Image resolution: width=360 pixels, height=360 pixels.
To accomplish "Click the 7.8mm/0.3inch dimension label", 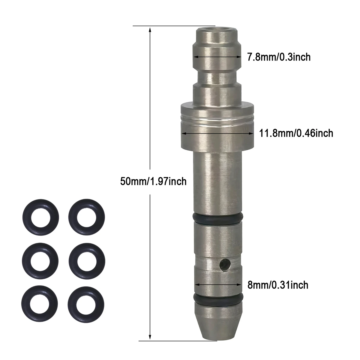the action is pos(279,57).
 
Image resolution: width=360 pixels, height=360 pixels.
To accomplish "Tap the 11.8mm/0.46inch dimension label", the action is pos(296,133).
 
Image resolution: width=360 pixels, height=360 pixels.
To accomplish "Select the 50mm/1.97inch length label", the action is pos(153,181).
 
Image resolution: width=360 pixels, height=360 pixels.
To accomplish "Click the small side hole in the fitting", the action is pos(225,264).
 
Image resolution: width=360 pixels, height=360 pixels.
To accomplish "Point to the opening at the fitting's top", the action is pos(216,29).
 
